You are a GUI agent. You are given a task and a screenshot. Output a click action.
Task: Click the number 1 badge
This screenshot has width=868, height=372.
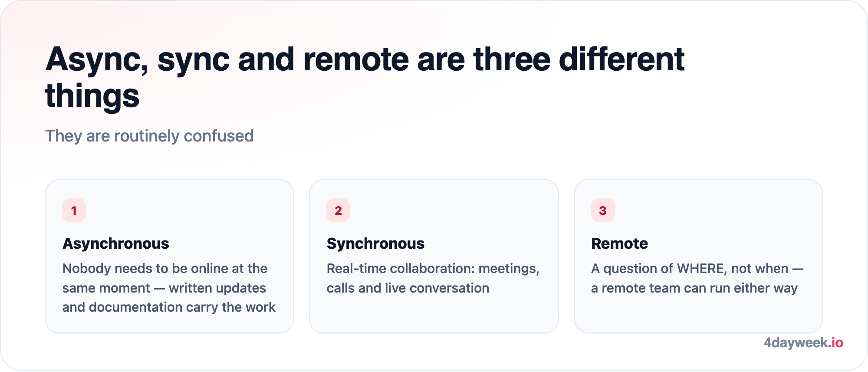pos(74,210)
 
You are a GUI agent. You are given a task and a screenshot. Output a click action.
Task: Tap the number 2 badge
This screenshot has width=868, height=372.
pos(338,210)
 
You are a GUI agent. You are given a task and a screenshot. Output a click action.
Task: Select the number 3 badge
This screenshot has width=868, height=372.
pos(603,210)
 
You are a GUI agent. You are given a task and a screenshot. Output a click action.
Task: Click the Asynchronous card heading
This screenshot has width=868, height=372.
pos(116,244)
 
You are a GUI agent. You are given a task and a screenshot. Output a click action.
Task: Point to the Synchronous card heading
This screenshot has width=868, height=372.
pos(375,244)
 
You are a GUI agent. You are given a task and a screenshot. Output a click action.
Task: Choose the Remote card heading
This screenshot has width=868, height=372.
pos(619,244)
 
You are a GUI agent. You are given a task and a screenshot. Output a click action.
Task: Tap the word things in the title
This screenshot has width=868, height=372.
pos(92,96)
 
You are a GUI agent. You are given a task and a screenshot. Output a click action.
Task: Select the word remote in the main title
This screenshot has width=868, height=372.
pos(356,59)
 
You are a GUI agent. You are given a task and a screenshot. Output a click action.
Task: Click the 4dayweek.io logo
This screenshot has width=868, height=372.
pos(803,343)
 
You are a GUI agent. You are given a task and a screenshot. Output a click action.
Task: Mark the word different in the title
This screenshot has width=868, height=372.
pos(622,59)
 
